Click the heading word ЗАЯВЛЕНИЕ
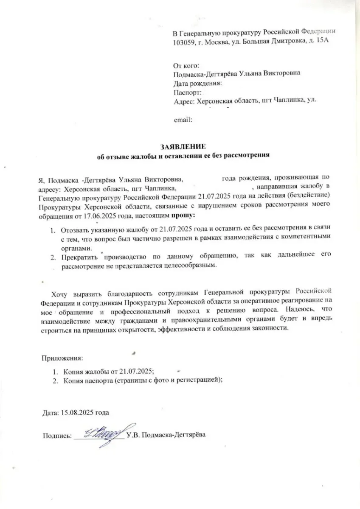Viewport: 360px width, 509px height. pos(183,147)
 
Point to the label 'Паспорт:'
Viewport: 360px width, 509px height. pos(187,92)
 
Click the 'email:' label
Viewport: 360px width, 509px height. pos(183,120)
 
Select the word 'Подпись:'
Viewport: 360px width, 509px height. pos(56,436)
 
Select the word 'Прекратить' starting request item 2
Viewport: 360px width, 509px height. pos(80,257)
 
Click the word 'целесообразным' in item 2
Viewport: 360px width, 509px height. pos(187,266)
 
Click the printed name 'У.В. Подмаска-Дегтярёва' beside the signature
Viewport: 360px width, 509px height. pos(166,436)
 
